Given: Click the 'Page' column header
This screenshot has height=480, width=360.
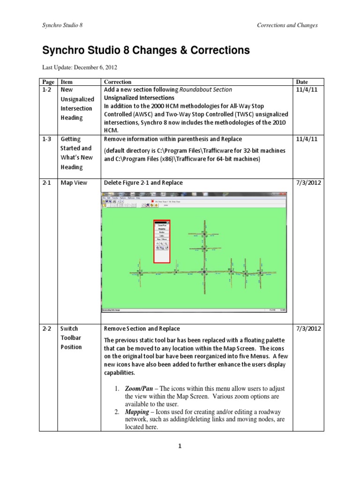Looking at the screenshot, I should click(x=49, y=82).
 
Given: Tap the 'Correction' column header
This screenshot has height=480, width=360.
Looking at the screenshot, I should click(x=118, y=82).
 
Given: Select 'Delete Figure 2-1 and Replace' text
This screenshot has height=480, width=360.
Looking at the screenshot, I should click(x=143, y=183).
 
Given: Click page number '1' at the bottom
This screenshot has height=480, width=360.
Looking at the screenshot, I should click(x=180, y=447).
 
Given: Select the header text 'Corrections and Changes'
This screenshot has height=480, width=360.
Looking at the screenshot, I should click(x=287, y=25).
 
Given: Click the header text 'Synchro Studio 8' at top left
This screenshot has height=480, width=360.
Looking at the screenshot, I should click(x=62, y=25).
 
